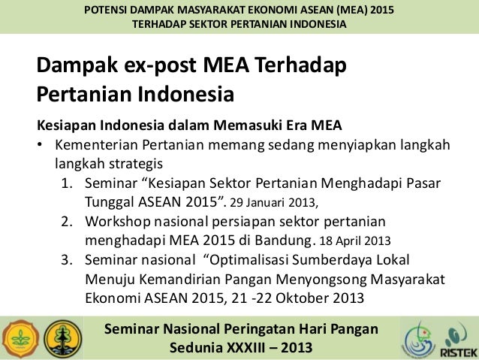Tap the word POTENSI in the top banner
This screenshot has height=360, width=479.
point(107,11)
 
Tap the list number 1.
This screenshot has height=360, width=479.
point(67,184)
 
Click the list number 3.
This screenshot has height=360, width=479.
point(67,259)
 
